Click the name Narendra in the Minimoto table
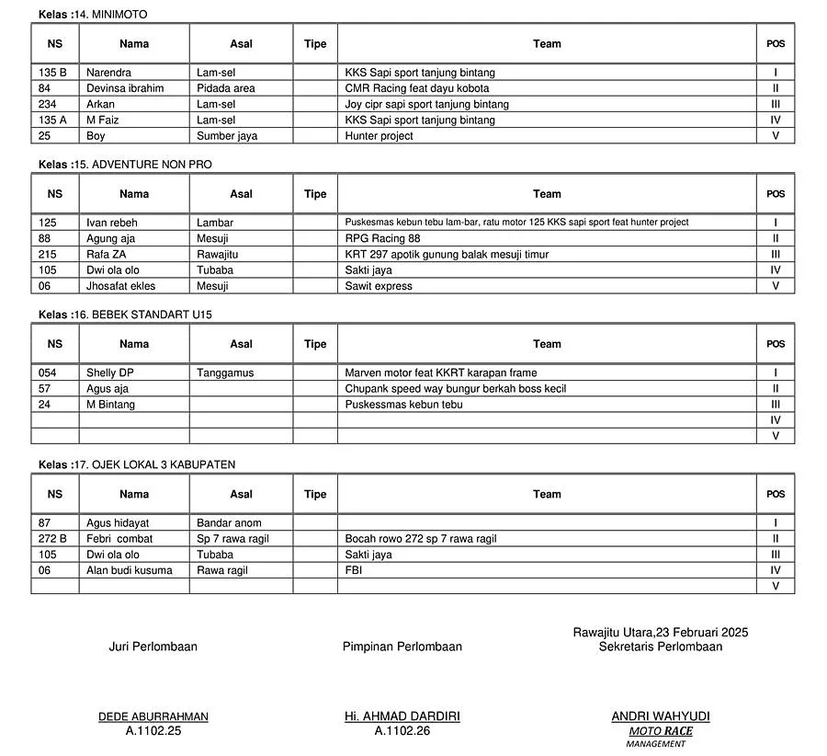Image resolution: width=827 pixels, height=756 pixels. click(108, 73)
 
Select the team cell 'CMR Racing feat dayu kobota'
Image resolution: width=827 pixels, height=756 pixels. click(416, 88)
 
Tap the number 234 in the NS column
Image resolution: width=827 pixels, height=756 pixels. click(47, 104)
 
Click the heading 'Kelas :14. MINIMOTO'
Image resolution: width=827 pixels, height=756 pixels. click(92, 15)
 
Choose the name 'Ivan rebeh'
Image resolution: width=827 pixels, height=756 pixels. click(112, 223)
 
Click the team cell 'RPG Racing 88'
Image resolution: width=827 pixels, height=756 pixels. click(382, 238)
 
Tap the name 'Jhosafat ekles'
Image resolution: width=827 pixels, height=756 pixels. click(121, 286)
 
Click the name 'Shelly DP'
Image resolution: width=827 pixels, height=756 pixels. click(110, 372)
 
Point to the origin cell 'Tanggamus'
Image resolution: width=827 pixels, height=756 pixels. click(225, 372)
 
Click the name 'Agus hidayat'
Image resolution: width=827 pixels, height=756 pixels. click(123, 523)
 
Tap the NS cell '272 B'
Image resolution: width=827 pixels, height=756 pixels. click(52, 539)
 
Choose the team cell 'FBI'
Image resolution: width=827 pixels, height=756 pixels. click(355, 570)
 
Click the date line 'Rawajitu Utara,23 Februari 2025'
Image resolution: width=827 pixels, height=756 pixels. click(660, 632)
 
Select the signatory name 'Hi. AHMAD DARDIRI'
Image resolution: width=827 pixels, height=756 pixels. click(402, 716)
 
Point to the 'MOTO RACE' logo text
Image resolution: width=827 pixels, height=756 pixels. click(661, 731)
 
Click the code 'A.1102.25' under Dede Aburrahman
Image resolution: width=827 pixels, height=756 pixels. click(153, 731)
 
